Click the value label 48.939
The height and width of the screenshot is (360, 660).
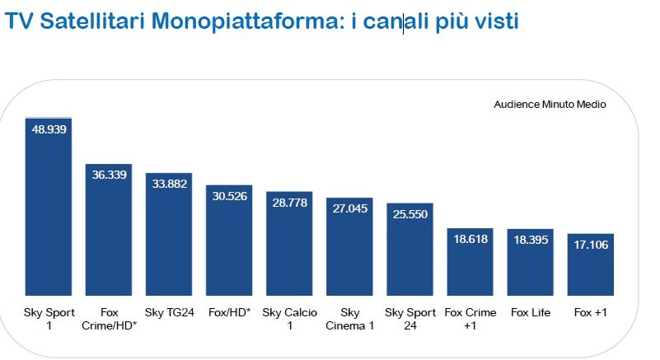[48, 129]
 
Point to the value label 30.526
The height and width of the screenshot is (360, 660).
[229, 196]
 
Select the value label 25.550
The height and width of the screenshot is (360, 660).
[410, 214]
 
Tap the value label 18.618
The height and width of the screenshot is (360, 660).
[470, 240]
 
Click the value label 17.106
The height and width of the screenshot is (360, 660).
[590, 245]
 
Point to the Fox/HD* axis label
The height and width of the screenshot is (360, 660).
[229, 313]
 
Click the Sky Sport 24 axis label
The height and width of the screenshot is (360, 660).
[410, 319]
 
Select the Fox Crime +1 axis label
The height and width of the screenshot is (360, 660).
[470, 319]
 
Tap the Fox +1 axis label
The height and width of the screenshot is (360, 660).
[590, 313]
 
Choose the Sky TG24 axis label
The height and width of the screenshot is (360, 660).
[169, 313]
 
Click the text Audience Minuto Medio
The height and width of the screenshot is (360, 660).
[550, 105]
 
